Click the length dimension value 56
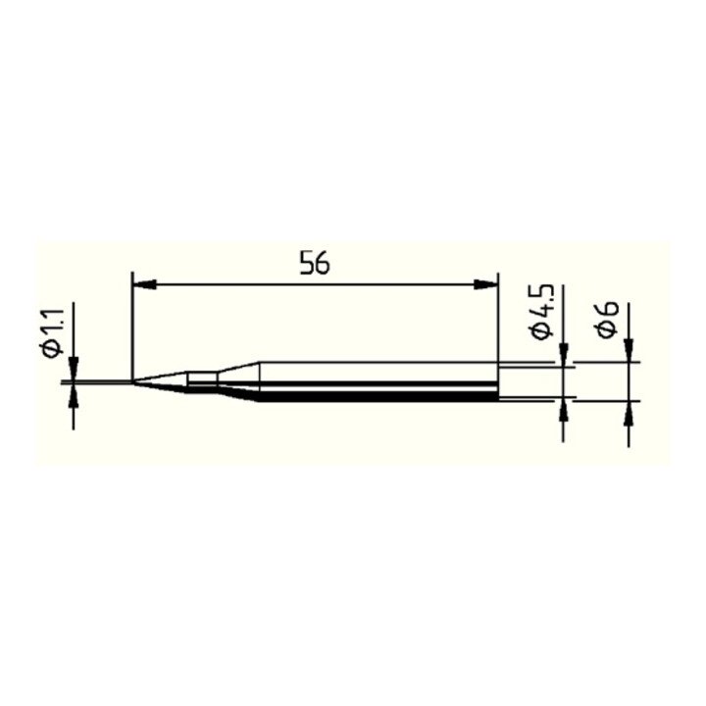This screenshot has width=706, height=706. point(315,265)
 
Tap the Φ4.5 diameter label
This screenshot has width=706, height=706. point(542,312)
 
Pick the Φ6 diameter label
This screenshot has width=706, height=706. point(608,320)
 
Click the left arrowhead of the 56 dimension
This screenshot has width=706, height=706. point(144,284)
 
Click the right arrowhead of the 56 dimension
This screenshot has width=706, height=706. point(486,284)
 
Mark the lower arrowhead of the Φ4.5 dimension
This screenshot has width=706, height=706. point(563,410)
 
